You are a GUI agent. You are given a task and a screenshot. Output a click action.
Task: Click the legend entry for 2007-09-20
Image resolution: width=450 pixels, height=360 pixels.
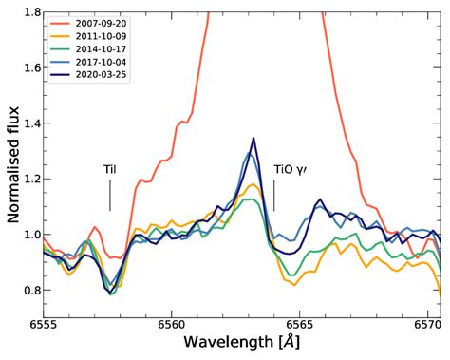[x=103, y=22]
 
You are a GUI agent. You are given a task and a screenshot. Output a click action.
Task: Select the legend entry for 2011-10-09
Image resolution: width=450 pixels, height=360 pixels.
[x=103, y=35]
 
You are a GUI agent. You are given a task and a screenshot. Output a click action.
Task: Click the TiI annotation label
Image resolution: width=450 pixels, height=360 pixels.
[x=110, y=170]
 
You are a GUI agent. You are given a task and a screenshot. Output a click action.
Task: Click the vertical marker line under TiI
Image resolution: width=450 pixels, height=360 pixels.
[x=110, y=196]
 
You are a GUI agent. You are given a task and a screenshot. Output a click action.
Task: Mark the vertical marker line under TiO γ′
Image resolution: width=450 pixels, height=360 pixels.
[x=274, y=196]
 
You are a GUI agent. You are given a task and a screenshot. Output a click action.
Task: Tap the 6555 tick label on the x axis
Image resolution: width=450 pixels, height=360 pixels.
[x=44, y=324]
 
